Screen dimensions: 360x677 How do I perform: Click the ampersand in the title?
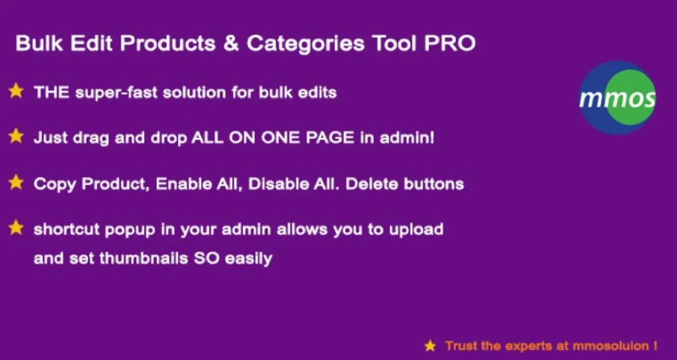(231, 44)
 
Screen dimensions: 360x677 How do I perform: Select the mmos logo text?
(617, 97)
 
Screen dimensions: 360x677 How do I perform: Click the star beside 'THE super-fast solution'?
(16, 92)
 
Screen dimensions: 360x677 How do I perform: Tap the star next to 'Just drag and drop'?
(16, 137)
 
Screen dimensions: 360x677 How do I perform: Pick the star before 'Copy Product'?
(16, 182)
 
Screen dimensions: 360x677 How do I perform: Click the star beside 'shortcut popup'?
(16, 228)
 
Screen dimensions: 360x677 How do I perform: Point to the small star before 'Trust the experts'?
(430, 346)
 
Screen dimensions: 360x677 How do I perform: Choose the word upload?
(417, 230)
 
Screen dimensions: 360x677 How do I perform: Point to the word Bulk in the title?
(35, 44)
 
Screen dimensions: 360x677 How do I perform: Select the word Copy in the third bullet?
(55, 184)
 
